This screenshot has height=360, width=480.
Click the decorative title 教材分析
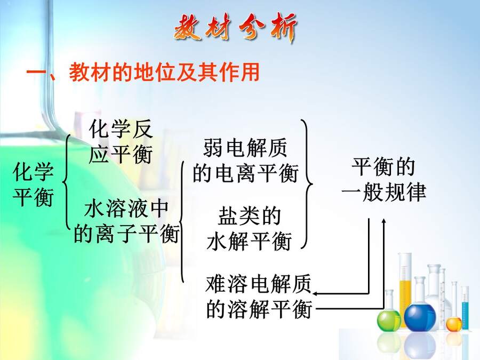point(235,28)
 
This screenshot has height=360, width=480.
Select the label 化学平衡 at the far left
point(34,185)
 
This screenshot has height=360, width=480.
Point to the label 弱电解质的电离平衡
point(245,161)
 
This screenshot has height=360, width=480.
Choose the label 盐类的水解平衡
point(249,228)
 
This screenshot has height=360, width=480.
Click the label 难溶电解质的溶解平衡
point(259,297)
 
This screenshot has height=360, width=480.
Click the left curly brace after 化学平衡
point(65,182)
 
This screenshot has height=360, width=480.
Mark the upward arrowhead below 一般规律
point(384,221)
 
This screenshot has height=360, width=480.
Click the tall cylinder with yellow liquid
point(405,288)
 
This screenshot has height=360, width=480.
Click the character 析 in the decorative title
point(284,28)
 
